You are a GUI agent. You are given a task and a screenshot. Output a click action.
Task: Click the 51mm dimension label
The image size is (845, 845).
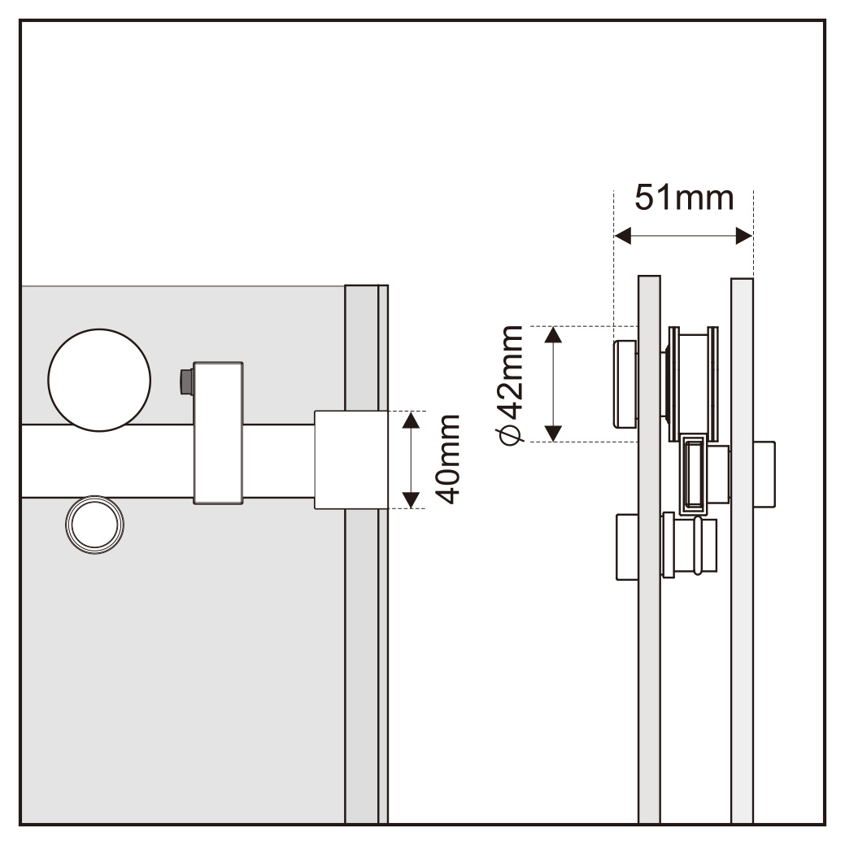click(684, 198)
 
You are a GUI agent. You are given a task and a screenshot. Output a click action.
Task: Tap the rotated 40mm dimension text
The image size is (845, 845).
click(448, 460)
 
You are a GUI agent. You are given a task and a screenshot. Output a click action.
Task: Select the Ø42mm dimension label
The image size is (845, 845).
click(510, 385)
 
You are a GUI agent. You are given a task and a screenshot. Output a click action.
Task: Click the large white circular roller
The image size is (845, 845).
click(99, 380)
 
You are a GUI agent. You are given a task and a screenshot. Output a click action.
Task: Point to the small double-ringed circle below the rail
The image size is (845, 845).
click(95, 525)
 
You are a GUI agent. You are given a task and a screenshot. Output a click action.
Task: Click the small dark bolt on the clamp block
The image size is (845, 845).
click(186, 382)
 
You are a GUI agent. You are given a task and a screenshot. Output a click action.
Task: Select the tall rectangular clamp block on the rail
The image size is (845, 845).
click(218, 433)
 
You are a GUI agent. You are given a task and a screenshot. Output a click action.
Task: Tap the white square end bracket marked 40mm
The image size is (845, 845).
click(351, 460)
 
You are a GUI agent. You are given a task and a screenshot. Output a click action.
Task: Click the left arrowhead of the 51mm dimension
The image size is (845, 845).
click(622, 236)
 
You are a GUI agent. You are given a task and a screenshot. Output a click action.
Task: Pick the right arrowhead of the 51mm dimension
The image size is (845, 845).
click(744, 236)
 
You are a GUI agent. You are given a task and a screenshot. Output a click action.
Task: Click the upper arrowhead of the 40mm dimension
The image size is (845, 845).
click(412, 420)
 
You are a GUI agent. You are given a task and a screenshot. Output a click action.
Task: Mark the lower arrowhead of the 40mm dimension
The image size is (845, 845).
click(412, 500)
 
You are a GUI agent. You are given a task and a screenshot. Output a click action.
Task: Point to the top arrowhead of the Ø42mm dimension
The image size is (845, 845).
click(554, 334)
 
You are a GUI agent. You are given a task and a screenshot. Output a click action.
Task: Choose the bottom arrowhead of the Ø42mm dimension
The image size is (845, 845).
click(554, 433)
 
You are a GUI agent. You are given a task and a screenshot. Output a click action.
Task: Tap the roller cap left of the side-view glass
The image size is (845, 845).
click(625, 384)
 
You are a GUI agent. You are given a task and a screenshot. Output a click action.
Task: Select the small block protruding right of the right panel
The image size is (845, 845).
click(764, 474)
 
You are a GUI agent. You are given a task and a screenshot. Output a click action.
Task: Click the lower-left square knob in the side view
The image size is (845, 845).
click(627, 547)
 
